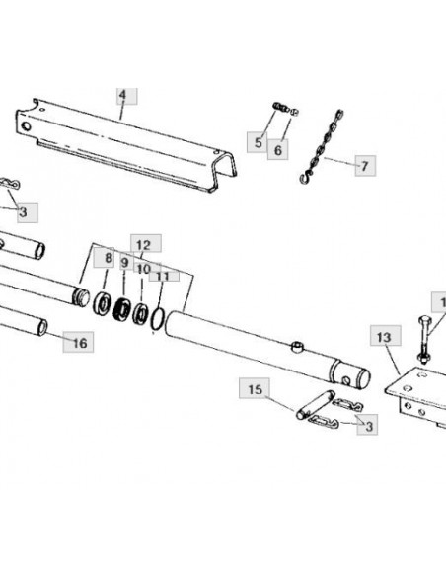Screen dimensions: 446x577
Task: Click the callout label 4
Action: pos(122,95)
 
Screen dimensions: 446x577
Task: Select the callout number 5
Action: pos(259,142)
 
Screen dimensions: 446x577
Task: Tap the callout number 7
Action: pos(364,166)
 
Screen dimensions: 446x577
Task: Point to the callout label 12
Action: pos(144,245)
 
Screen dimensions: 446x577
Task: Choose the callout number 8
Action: pos(109,258)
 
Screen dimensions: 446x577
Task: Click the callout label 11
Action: pos(163,276)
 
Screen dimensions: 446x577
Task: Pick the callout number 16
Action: pos(80,343)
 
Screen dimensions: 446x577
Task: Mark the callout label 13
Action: pos(384,337)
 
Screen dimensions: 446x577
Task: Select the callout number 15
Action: pos(256,389)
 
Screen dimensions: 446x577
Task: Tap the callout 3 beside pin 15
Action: pos(369,426)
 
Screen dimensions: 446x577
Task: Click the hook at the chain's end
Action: pos(306,179)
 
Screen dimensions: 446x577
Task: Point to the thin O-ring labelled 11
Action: pos(158,319)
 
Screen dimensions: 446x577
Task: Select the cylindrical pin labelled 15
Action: pos(315,405)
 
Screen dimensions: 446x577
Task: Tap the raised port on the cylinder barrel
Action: pos(297,346)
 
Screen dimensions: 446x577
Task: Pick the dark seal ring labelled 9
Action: pos(122,309)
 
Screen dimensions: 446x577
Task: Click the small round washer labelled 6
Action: pos(294,112)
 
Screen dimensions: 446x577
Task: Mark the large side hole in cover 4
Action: pos(26,126)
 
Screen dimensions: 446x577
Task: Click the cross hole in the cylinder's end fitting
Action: pos(345,380)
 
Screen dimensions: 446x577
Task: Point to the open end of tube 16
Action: pos(42,328)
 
